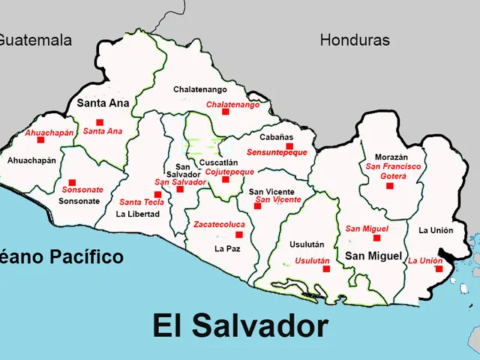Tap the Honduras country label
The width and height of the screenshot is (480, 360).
(x=355, y=40)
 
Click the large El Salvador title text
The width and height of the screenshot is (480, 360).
(x=240, y=326)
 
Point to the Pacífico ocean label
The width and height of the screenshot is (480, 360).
(x=87, y=257)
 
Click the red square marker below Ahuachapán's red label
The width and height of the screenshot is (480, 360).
(x=41, y=139)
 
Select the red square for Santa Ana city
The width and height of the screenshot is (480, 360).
(x=100, y=122)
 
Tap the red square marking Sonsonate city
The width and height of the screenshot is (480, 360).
(x=73, y=181)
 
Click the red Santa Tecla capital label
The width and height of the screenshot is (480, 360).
(x=142, y=202)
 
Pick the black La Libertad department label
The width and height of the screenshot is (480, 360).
(x=137, y=214)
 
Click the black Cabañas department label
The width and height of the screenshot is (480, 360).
(x=277, y=137)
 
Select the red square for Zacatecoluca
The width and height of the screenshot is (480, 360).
(x=239, y=235)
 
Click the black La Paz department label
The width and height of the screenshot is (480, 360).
(x=227, y=247)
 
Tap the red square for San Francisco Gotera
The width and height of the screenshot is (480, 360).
(x=389, y=185)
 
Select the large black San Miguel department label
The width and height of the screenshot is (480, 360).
(x=373, y=256)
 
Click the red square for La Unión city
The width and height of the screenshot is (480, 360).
(x=439, y=268)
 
